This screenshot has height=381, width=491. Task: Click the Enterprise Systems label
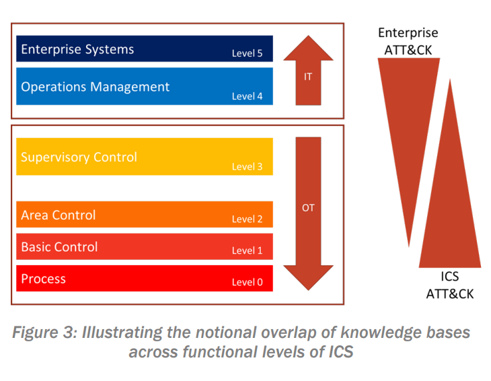click(x=77, y=50)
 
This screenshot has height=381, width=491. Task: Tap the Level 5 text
click(x=247, y=53)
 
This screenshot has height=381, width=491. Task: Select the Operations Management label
click(x=96, y=87)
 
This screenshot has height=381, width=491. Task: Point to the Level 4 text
click(x=247, y=96)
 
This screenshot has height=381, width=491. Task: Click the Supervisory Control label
click(x=79, y=158)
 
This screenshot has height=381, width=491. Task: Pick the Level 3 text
click(x=247, y=167)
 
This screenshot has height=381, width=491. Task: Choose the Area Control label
click(x=59, y=215)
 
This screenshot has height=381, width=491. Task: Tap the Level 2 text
click(x=247, y=219)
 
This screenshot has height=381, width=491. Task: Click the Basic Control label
click(x=59, y=247)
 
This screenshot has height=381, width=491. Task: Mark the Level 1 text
click(x=247, y=250)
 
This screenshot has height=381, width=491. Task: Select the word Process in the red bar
click(x=43, y=279)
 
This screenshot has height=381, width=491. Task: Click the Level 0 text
click(x=247, y=282)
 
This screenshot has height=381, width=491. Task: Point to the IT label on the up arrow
click(x=308, y=77)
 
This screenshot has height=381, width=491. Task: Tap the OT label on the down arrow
click(x=308, y=208)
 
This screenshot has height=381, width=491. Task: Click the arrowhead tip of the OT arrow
click(x=309, y=290)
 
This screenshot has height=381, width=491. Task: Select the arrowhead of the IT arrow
click(x=309, y=48)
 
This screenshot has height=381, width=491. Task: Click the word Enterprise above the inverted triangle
click(x=408, y=33)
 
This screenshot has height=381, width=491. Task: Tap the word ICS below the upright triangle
click(x=450, y=277)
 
